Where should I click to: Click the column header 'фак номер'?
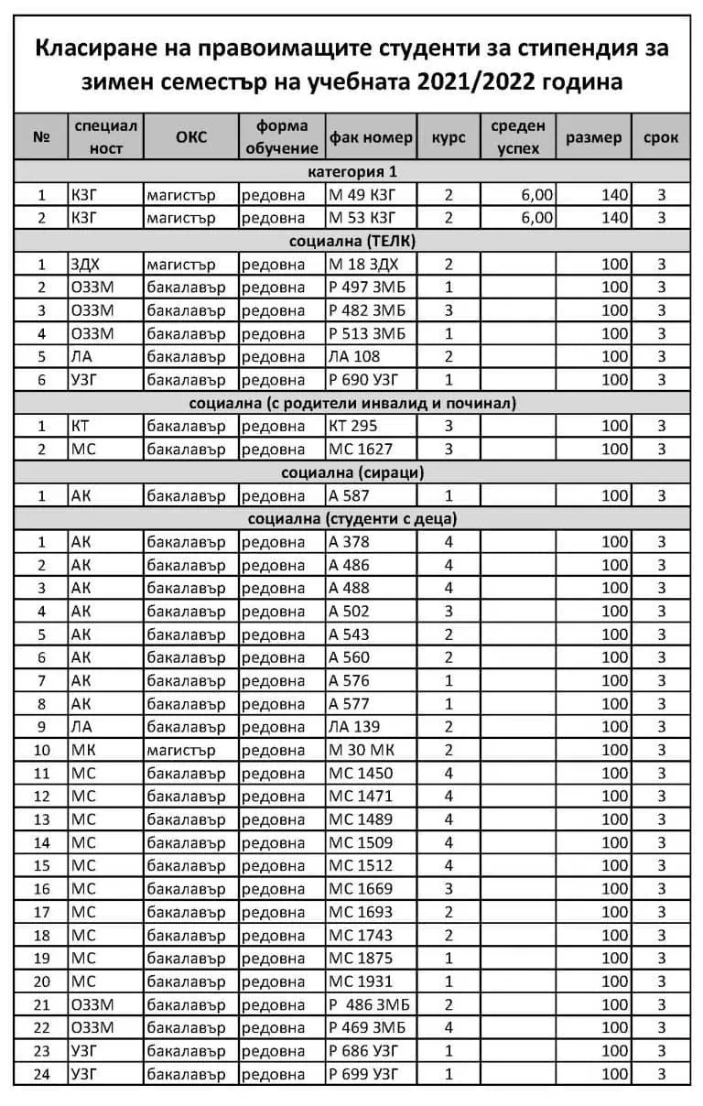[x=371, y=137]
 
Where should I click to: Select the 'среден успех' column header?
[x=518, y=137]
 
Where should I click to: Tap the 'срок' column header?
[x=661, y=137]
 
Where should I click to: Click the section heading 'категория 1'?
[x=351, y=171]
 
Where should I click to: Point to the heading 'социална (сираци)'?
[x=351, y=472]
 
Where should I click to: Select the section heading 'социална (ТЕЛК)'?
[x=351, y=241]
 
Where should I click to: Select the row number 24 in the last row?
[x=41, y=1074]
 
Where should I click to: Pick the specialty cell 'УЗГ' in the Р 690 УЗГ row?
[x=85, y=380]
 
